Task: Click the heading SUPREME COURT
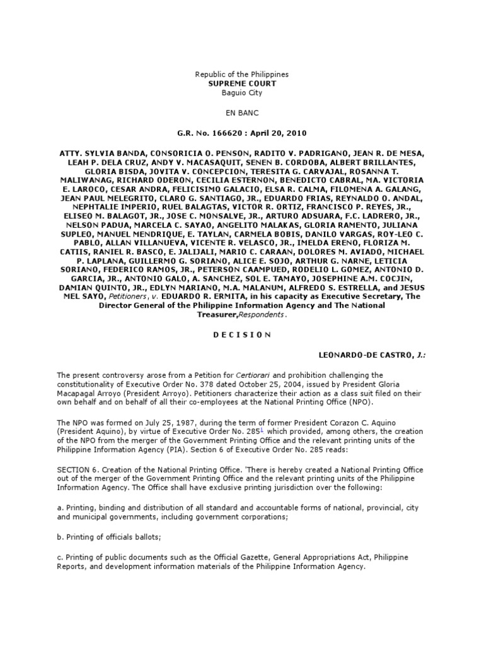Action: (241, 83)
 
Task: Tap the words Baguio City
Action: (241, 93)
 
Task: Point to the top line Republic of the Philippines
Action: (241, 74)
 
